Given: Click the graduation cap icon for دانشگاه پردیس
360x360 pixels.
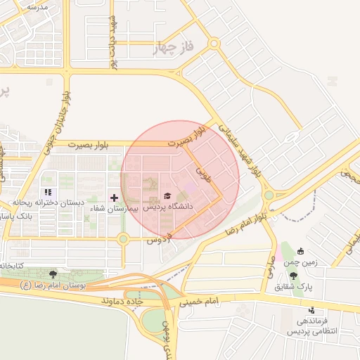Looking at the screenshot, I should click(167, 195).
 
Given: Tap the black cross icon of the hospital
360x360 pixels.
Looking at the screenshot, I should click(115, 198).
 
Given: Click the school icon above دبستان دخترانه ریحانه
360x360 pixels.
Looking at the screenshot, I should click(48, 192).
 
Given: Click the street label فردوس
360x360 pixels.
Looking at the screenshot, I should click(160, 240).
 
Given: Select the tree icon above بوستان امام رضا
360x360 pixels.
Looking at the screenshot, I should click(53, 274).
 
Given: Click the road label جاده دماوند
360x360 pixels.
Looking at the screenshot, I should click(124, 300).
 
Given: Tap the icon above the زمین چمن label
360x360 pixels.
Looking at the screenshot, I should click(300, 251).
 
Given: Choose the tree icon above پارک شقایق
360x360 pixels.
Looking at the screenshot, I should click(293, 276).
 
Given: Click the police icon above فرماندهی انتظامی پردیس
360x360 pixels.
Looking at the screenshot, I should click(311, 310).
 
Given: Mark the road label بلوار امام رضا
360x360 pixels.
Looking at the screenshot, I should click(247, 221).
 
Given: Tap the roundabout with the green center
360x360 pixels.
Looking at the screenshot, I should click(268, 195).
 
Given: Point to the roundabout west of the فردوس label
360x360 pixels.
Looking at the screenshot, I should click(124, 239).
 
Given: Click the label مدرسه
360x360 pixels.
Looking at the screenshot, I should click(37, 6).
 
